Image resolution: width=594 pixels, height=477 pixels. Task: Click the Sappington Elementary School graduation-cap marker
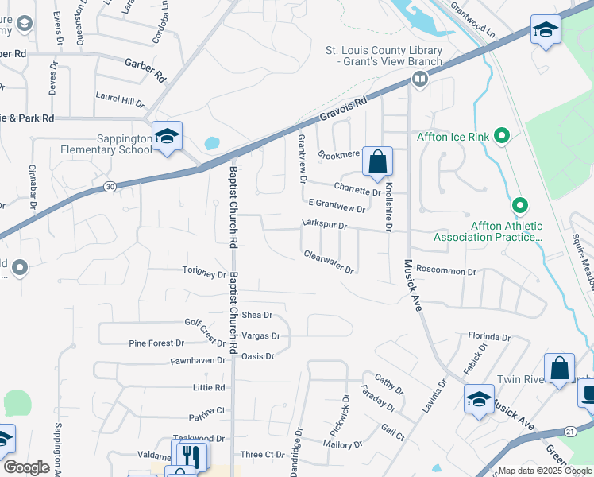(x=167, y=137)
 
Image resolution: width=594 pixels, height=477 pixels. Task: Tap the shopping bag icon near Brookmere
(x=378, y=161)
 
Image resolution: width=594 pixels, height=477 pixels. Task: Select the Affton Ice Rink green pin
(x=501, y=137)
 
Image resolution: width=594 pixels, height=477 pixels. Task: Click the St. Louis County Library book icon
(x=418, y=78)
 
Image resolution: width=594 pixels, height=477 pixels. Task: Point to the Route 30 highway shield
(x=109, y=186)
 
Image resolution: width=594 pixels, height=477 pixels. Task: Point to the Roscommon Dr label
(x=445, y=271)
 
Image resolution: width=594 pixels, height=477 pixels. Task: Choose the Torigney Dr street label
(x=204, y=274)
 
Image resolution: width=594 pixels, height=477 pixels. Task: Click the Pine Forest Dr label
(x=156, y=343)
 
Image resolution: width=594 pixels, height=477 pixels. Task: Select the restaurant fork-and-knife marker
(x=189, y=456)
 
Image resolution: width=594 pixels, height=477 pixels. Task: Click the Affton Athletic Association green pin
(x=520, y=206)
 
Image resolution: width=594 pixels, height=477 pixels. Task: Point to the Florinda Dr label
(x=488, y=337)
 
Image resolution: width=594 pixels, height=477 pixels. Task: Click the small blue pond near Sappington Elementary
(x=212, y=144)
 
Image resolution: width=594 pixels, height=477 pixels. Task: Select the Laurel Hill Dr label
(x=119, y=103)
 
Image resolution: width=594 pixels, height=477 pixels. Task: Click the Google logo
(x=26, y=467)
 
